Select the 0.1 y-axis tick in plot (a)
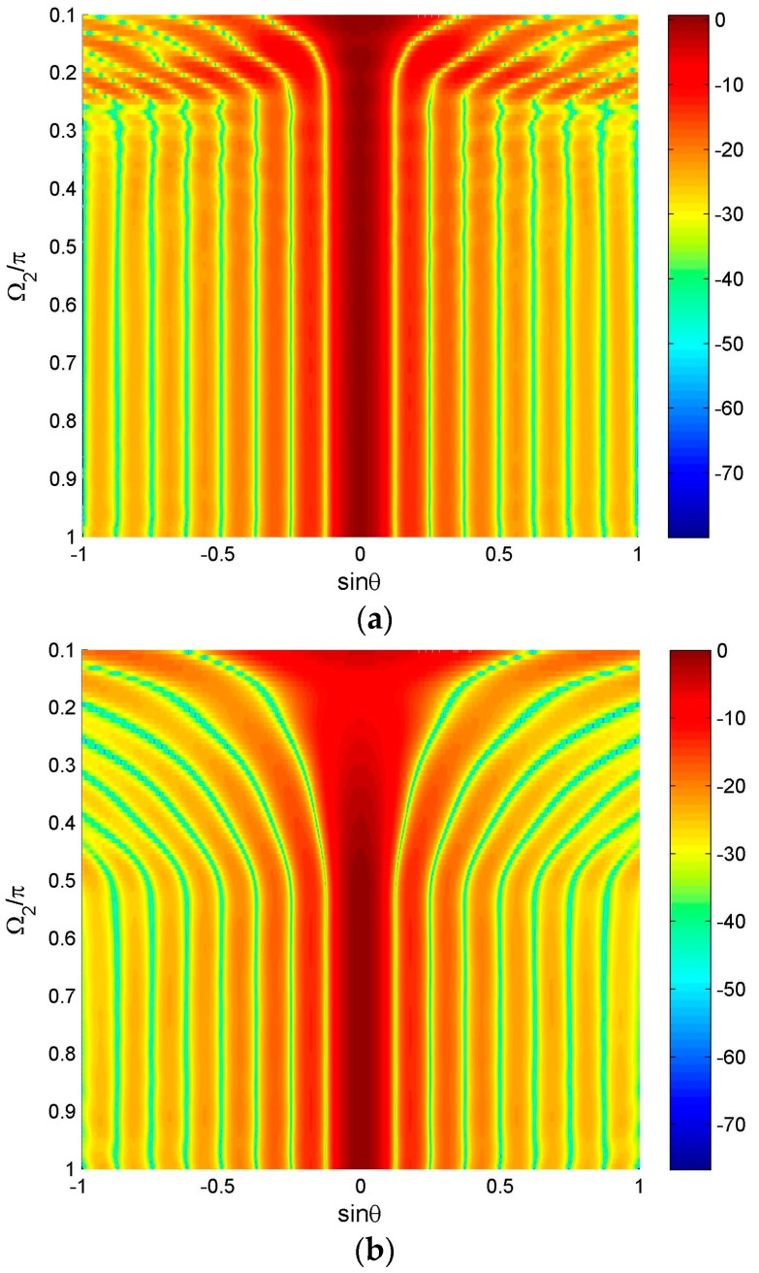point(65,16)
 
